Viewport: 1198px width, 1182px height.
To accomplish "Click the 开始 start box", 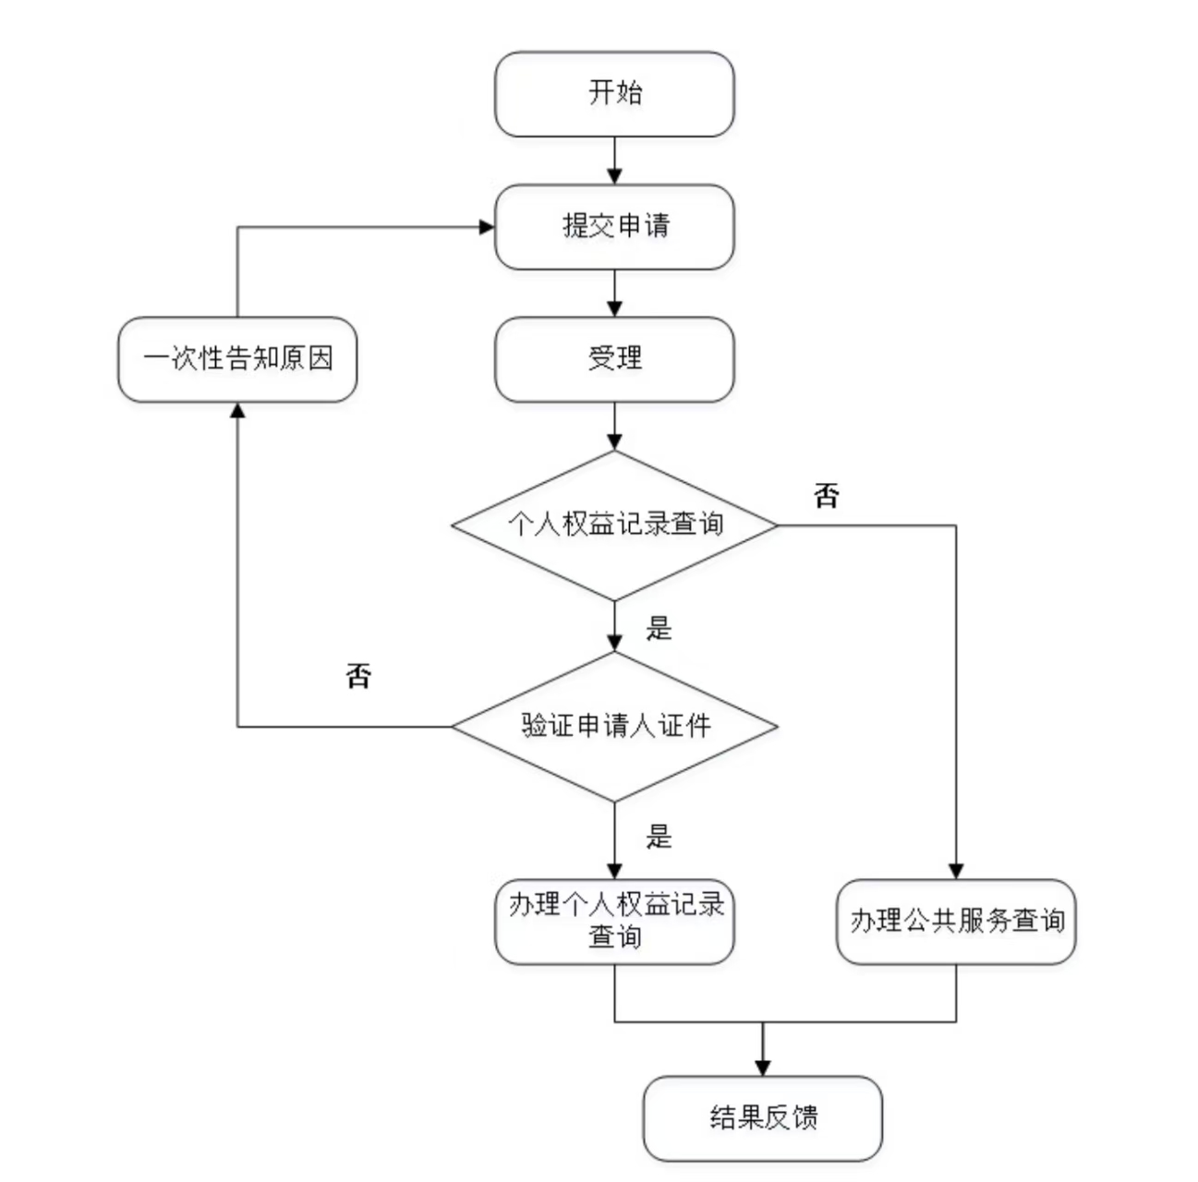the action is (x=614, y=94).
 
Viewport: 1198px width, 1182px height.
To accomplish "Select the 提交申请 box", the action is (x=614, y=227).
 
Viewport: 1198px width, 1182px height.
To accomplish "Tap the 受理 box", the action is (x=614, y=359).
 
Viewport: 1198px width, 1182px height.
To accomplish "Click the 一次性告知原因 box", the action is (x=237, y=359).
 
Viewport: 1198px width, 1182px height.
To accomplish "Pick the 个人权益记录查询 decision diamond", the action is (x=614, y=525).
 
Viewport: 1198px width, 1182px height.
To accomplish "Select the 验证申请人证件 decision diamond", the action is (x=614, y=726).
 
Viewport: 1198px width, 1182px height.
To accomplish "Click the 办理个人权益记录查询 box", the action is (x=614, y=922).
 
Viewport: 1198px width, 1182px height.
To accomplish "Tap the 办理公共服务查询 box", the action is (x=956, y=922).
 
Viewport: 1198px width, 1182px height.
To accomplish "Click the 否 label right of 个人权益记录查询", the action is (x=827, y=496).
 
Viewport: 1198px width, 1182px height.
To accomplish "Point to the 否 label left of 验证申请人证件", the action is (x=358, y=675).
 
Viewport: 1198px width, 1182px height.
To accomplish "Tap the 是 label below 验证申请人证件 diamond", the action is (x=659, y=837).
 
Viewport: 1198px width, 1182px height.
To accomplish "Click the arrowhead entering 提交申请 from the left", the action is (x=487, y=227).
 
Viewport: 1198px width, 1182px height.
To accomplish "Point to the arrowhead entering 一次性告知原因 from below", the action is (x=237, y=410).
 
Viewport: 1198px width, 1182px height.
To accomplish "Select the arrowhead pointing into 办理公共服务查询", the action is (x=956, y=871).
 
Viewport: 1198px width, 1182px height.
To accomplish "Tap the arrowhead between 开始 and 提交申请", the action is (x=614, y=176).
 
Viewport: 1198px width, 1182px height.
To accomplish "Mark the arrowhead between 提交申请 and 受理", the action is (x=614, y=309).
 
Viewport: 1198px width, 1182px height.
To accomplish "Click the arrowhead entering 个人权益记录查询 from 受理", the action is (x=614, y=442).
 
